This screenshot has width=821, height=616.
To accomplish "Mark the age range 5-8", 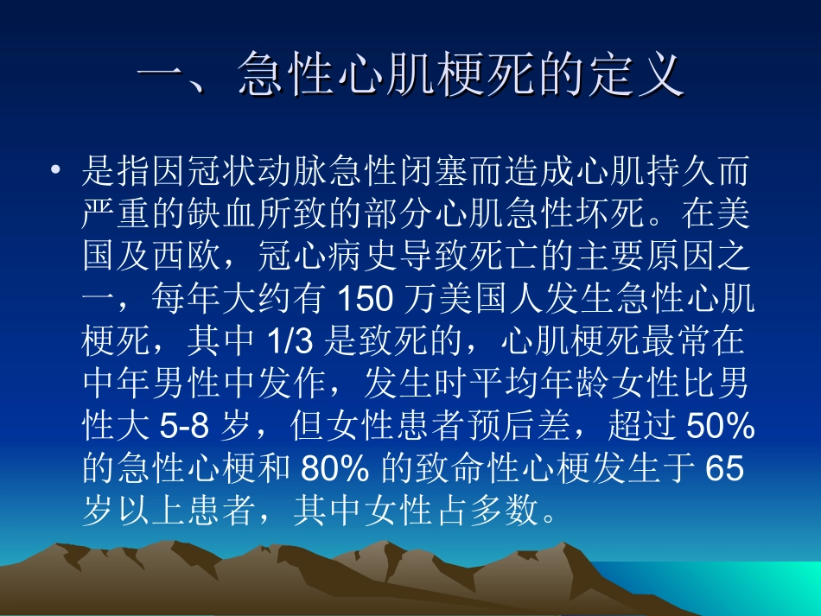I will [184, 426].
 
